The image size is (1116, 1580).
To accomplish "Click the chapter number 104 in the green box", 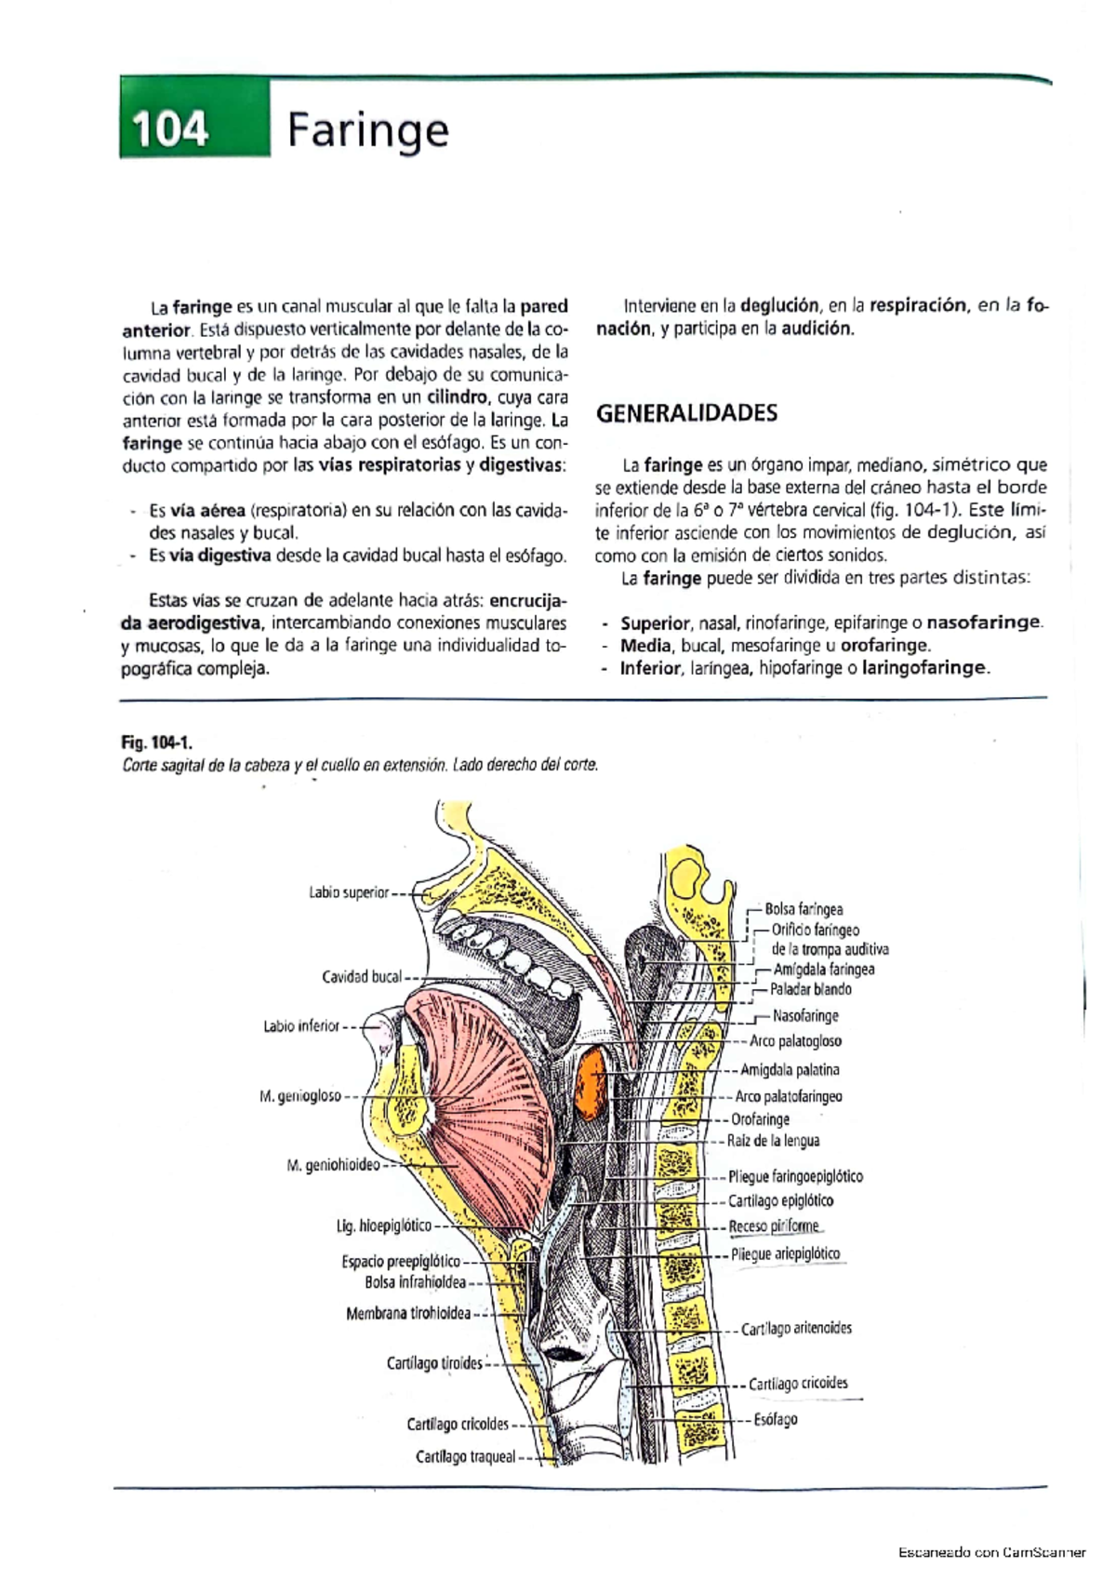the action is (x=169, y=128).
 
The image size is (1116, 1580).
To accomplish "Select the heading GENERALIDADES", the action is (x=686, y=413).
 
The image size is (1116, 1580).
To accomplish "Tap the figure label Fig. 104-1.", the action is (x=156, y=742).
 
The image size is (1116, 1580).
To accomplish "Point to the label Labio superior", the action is (x=349, y=892).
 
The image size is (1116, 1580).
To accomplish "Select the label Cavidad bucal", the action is (x=362, y=976).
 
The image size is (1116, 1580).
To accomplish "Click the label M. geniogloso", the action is (x=300, y=1096).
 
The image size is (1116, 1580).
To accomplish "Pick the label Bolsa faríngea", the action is (x=804, y=909).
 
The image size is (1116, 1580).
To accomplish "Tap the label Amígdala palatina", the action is (x=790, y=1070).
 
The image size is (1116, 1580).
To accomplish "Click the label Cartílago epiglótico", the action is (x=781, y=1200).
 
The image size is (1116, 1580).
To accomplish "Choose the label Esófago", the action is (x=776, y=1420).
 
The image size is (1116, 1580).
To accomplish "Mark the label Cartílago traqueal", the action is (x=465, y=1457).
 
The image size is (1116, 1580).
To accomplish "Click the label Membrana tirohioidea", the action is (x=408, y=1314).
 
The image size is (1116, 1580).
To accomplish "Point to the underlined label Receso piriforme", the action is (x=774, y=1226).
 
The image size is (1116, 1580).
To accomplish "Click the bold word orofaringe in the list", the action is (x=883, y=645).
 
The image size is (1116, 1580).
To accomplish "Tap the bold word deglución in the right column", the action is (x=779, y=305).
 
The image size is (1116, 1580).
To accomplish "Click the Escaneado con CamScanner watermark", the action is (x=991, y=1552).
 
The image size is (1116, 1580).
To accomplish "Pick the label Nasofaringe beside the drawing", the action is (x=805, y=1016).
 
